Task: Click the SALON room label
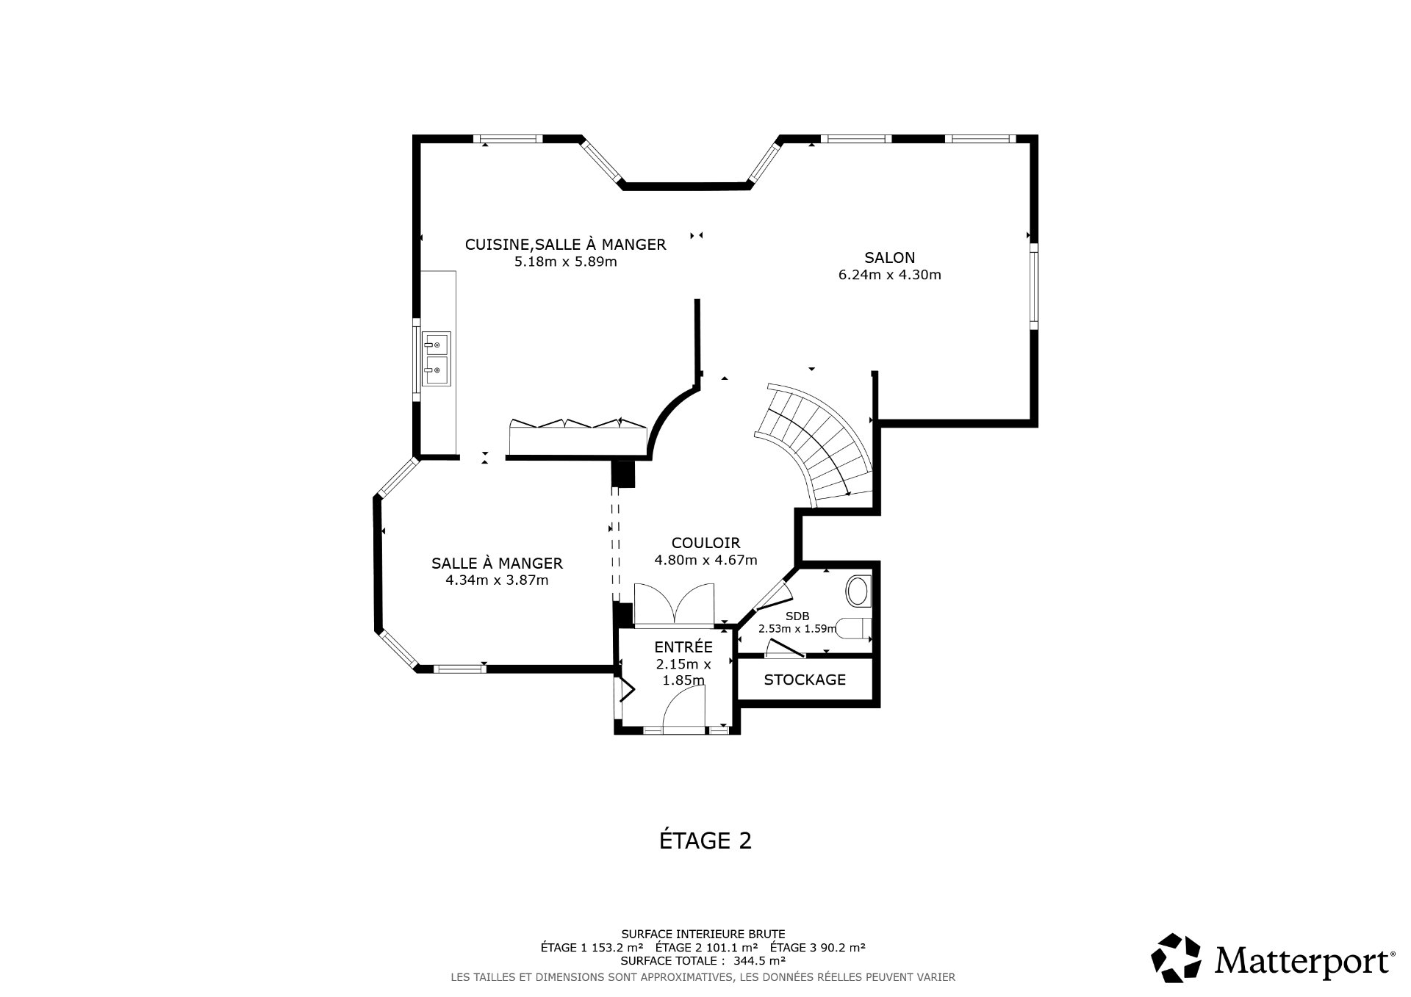point(889,258)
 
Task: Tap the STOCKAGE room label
point(805,680)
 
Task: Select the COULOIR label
point(705,543)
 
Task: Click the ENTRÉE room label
point(683,647)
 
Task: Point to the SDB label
point(797,616)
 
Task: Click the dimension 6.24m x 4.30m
point(889,276)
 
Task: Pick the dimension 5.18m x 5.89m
point(565,262)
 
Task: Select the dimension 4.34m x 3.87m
point(497,580)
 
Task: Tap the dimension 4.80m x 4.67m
point(705,560)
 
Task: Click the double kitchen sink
point(437,359)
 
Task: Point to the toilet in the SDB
point(853,629)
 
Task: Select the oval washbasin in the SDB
point(858,591)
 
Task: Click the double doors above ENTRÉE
point(674,604)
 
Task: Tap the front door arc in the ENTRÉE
point(683,710)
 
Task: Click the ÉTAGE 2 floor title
point(705,841)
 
